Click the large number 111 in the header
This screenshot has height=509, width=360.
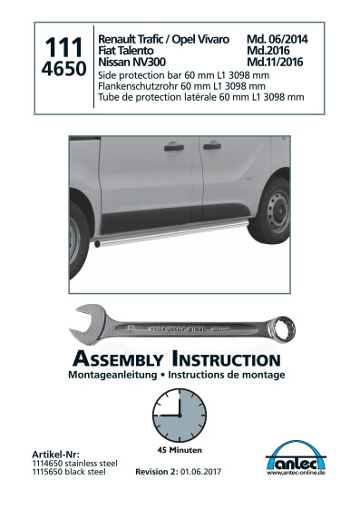63,47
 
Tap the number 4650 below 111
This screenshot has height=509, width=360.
63,68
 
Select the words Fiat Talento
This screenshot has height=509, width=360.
126,51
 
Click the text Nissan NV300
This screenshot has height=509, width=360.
132,62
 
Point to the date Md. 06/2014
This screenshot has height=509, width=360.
277,39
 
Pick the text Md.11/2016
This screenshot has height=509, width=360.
275,62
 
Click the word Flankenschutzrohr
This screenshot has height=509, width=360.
138,86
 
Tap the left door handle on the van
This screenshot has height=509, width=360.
174,148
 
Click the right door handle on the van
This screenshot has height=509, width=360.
212,146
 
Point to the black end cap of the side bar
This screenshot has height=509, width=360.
97,244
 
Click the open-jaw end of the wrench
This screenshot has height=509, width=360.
87,323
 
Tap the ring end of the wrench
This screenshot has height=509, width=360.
282,328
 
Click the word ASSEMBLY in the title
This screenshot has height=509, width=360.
118,359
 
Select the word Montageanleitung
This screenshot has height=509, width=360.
112,375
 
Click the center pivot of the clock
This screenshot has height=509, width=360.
180,416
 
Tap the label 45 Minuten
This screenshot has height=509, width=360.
180,450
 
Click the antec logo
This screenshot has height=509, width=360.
296,457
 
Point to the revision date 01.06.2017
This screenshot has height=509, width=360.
200,471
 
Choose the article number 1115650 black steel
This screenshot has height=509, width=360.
69,472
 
